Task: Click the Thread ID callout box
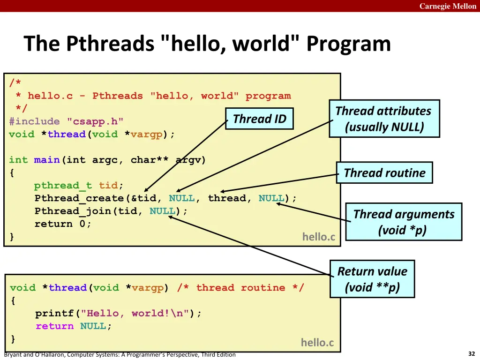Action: [259, 119]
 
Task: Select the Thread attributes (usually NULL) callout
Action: [384, 119]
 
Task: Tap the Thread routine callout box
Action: [384, 173]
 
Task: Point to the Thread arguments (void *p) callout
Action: [404, 222]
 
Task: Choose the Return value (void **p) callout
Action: [372, 279]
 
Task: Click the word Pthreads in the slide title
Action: [111, 44]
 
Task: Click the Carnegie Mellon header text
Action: [448, 6]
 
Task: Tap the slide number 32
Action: [472, 354]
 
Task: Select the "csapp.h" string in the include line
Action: [95, 121]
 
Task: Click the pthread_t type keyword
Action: [63, 186]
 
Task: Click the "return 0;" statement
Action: [63, 224]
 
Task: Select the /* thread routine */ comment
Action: [240, 288]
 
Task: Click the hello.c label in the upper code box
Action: [319, 237]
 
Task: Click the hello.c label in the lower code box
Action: [317, 343]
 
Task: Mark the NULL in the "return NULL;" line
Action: [93, 326]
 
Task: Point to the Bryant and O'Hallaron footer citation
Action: [120, 355]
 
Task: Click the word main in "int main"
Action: [47, 160]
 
